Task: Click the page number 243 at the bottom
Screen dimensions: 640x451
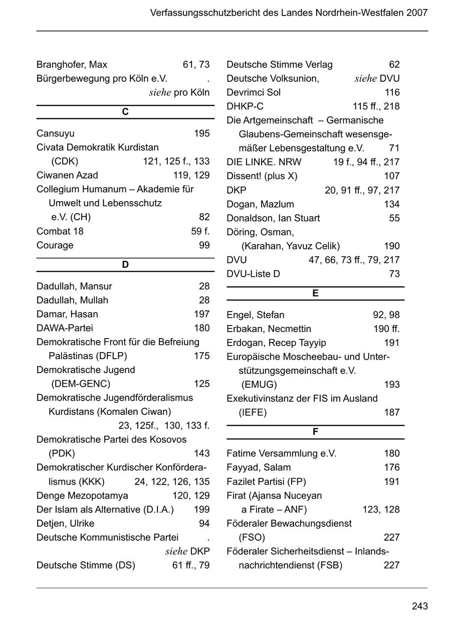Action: (419, 606)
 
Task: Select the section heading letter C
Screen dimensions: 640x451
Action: (125, 112)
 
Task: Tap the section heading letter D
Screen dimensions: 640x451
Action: (125, 265)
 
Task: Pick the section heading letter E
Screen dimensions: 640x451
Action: (315, 293)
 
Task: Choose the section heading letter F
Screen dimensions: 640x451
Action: (315, 432)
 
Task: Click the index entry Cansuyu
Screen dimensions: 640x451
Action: (55, 133)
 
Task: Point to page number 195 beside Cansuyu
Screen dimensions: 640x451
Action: (201, 133)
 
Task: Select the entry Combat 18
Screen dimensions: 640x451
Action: (60, 231)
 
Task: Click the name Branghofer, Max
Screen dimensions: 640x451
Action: (72, 65)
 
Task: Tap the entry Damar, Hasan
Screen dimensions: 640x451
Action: (67, 314)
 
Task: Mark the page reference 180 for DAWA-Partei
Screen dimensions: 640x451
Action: (201, 328)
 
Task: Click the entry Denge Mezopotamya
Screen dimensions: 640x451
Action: (82, 496)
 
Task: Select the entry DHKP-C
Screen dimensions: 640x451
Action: (245, 106)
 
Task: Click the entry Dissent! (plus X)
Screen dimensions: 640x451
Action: (262, 176)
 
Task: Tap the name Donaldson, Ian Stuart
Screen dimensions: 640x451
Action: (273, 218)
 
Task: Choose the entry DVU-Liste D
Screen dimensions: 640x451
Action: (253, 274)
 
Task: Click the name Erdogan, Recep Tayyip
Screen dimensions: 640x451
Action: (276, 343)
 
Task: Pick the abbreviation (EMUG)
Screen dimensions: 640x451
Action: (259, 385)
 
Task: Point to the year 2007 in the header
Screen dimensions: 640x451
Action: (417, 13)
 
